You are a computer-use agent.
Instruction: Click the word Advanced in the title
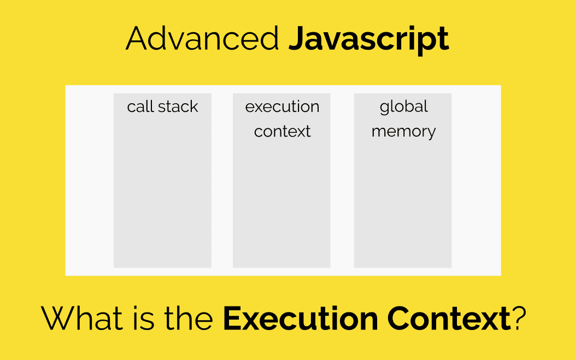coord(202,39)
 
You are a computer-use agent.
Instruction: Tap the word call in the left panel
coord(140,107)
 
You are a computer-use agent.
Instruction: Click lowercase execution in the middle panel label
coord(282,107)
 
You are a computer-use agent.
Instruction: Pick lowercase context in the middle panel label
coord(282,132)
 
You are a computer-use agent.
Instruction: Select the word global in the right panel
coord(403,107)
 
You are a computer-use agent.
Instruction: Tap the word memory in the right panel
coord(403,132)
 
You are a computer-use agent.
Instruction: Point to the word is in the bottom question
coord(143,318)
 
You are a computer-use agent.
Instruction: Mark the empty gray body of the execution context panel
coord(281,208)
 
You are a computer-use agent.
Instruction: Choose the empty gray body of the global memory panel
coord(403,208)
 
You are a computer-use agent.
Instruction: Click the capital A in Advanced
coord(138,39)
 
